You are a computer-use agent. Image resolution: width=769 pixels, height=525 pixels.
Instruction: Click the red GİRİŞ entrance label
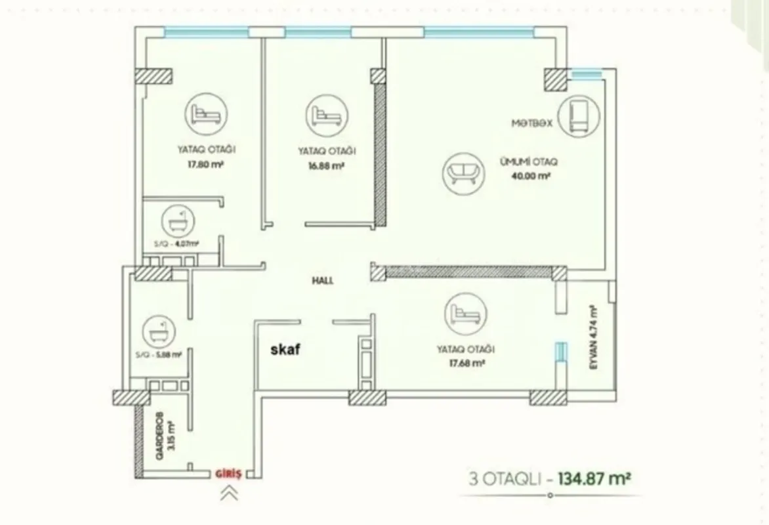(230, 472)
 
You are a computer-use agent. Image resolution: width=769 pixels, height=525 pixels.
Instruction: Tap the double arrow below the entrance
(229, 493)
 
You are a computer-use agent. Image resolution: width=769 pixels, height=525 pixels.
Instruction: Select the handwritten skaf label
(285, 350)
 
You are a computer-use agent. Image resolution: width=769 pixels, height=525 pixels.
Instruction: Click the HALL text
(323, 280)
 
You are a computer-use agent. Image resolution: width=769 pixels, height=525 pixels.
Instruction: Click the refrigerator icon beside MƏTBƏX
(577, 115)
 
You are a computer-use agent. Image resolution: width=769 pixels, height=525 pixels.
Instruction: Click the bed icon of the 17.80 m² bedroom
(205, 114)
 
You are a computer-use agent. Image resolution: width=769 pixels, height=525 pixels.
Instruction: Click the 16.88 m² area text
(326, 167)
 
